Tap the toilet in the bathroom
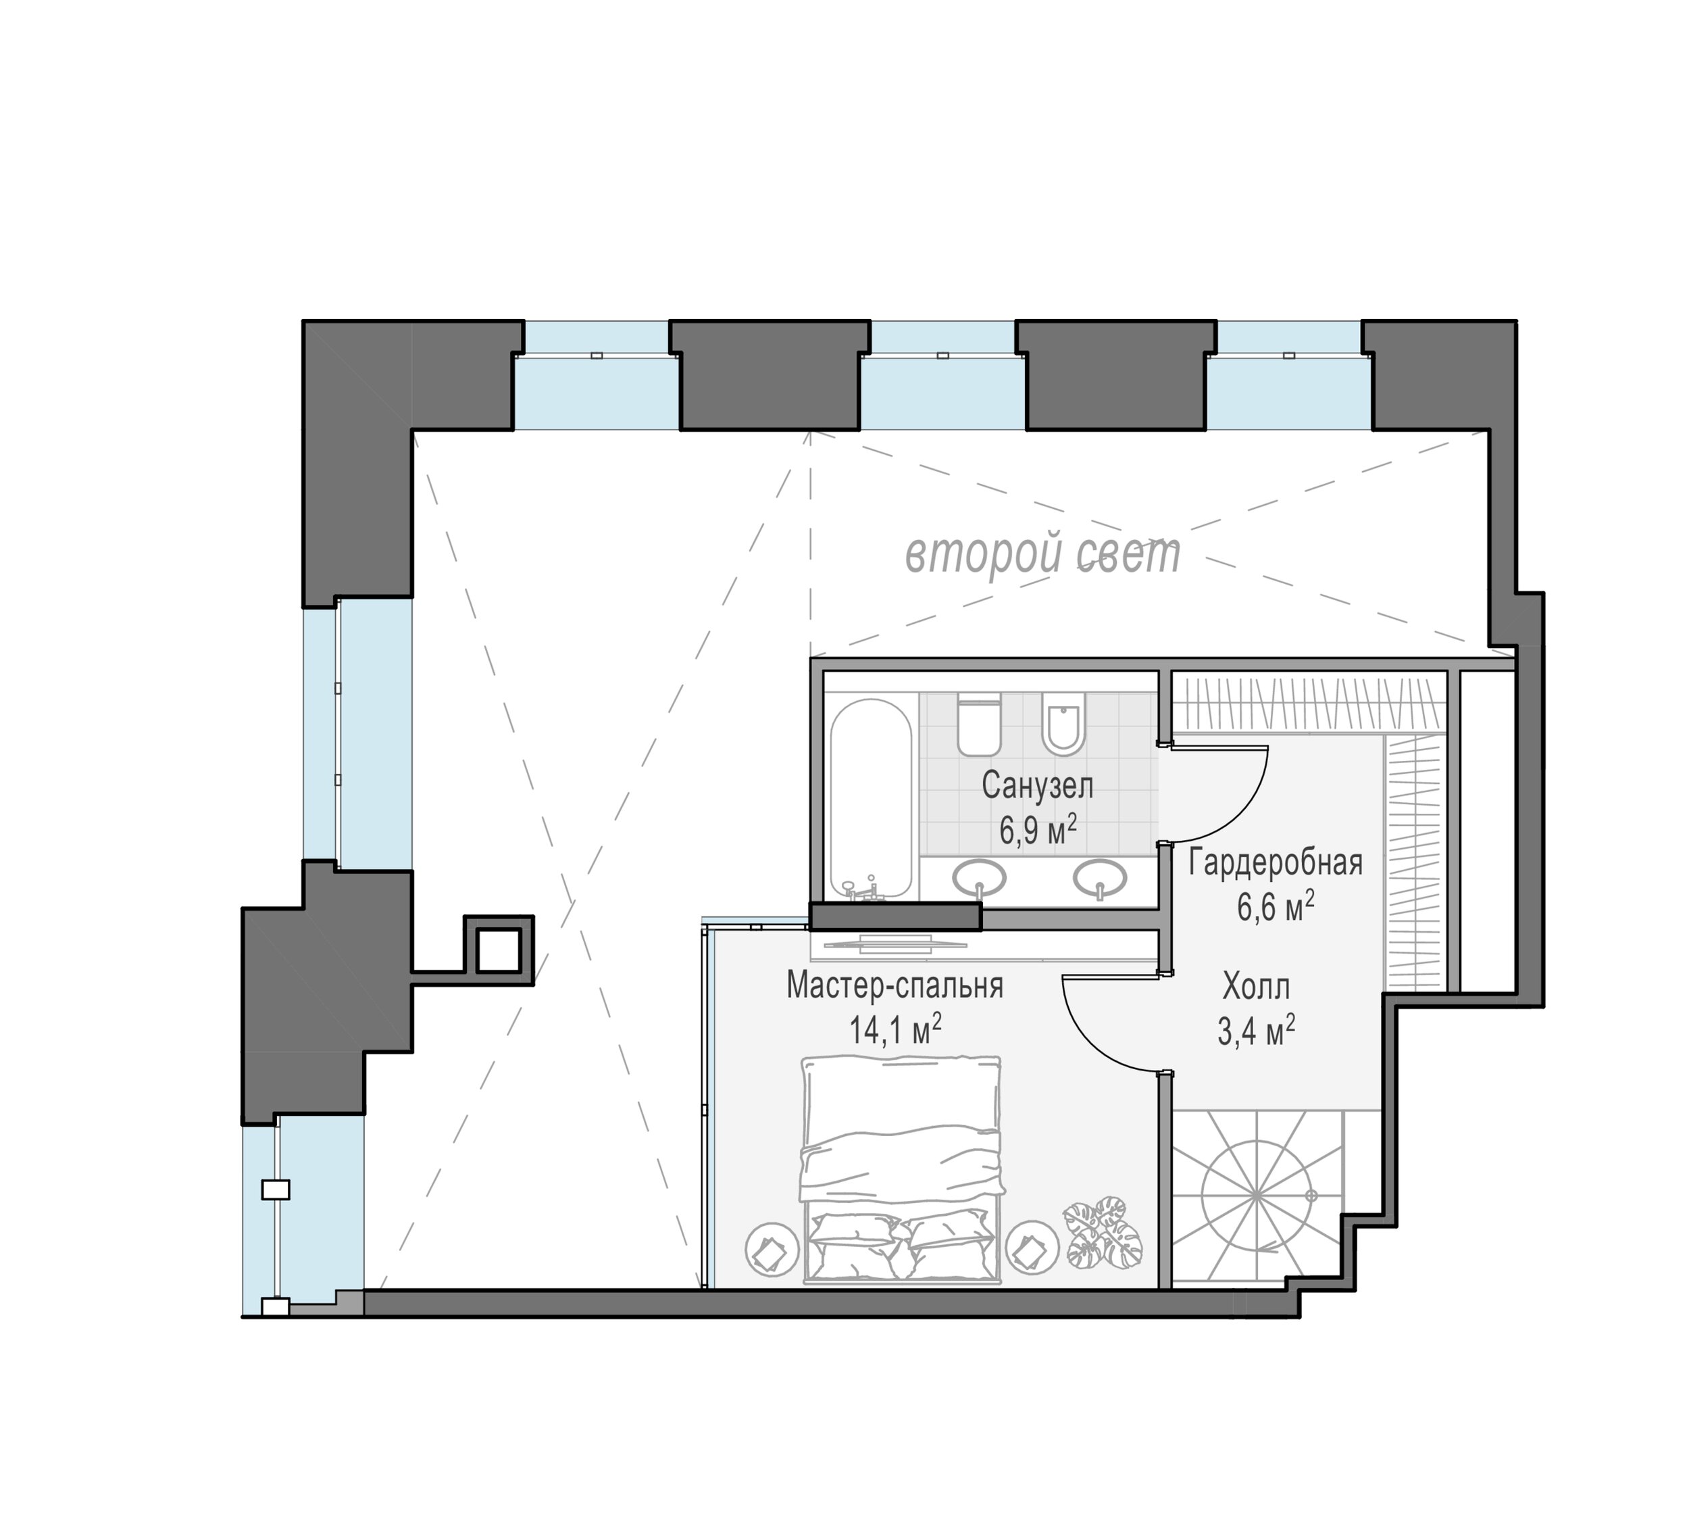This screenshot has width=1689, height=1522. point(979,725)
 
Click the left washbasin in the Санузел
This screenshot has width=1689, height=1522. point(979,878)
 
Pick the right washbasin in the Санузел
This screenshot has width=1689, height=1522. point(1099,878)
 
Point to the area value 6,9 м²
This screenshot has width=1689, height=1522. point(1037,831)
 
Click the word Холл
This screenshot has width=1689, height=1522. point(1256,987)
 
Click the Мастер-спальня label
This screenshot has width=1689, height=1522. point(894,986)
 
